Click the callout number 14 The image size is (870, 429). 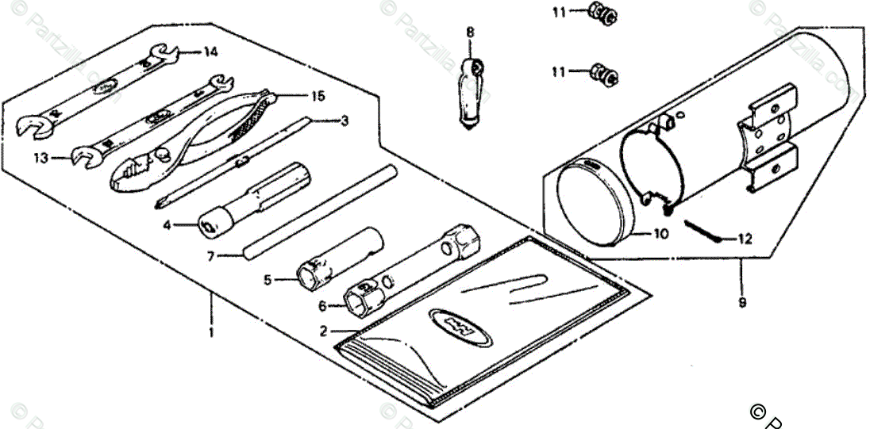click(210, 53)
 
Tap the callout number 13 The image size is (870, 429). click(41, 159)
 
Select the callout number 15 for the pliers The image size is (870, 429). click(318, 97)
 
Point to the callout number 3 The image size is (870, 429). click(344, 121)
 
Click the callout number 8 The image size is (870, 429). click(470, 33)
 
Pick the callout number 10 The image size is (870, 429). click(662, 234)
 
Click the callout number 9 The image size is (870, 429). click(743, 302)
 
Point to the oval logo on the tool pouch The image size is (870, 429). click(455, 326)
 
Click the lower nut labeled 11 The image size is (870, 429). click(605, 75)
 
